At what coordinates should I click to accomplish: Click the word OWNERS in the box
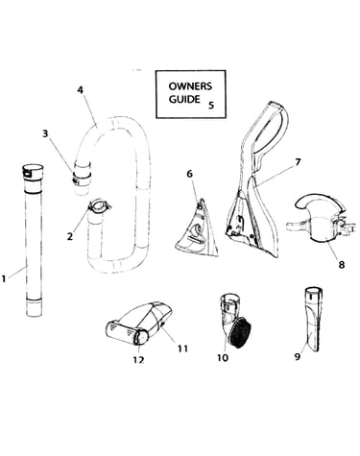coord(190,86)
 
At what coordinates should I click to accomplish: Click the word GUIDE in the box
coord(184,99)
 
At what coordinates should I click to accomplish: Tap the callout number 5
coord(211,105)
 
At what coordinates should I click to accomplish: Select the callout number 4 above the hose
coord(81,90)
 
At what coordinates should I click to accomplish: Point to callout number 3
coord(45,133)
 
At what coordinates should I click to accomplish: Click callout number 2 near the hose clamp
coord(70,236)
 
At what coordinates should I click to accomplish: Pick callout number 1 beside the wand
coord(4,278)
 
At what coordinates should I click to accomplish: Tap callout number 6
coord(190,174)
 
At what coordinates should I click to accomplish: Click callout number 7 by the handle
coord(298,162)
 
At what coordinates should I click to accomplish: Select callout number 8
coord(342,264)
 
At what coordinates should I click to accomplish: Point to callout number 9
coord(298,356)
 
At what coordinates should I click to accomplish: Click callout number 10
coord(223,357)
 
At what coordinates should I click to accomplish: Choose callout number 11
coord(182,348)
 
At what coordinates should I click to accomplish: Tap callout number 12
coord(138,360)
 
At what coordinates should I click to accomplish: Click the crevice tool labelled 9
coord(313,320)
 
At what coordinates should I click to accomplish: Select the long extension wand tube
coord(33,241)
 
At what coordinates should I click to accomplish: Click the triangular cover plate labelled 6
coord(197,228)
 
